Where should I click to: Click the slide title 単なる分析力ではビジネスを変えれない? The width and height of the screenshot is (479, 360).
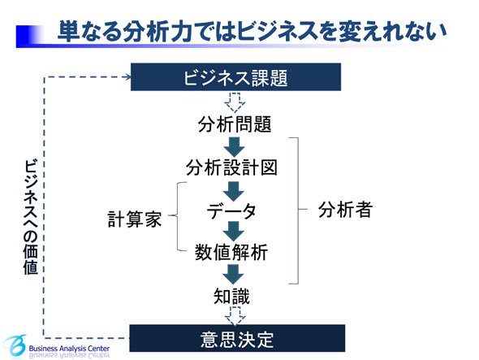click(252, 31)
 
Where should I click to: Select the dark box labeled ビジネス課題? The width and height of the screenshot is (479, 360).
click(235, 77)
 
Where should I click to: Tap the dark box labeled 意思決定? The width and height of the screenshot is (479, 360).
click(237, 339)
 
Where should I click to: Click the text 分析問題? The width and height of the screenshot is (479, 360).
click(235, 124)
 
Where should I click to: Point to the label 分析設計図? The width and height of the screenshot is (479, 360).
click(231, 167)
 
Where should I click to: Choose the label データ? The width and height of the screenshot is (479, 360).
click(231, 211)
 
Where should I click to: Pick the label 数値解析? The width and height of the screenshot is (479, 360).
click(231, 253)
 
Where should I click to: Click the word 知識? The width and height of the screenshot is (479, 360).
click(231, 296)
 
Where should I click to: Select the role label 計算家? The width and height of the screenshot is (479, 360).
click(135, 219)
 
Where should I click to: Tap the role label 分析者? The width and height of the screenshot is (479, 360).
click(346, 210)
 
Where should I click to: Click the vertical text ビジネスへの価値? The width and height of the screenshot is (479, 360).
click(31, 216)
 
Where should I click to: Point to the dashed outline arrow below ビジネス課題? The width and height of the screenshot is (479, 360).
click(235, 102)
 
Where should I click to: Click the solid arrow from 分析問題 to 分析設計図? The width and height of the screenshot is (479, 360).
click(235, 147)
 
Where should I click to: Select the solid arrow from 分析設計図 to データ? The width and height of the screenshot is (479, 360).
click(234, 192)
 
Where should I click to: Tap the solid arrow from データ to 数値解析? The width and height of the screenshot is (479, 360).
click(234, 232)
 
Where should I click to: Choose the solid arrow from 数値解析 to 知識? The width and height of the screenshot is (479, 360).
click(233, 274)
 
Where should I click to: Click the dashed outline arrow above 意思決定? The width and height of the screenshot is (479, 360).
click(235, 316)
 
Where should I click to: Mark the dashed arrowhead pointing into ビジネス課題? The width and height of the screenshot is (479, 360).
click(127, 77)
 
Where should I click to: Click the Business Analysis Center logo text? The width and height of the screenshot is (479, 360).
click(69, 349)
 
